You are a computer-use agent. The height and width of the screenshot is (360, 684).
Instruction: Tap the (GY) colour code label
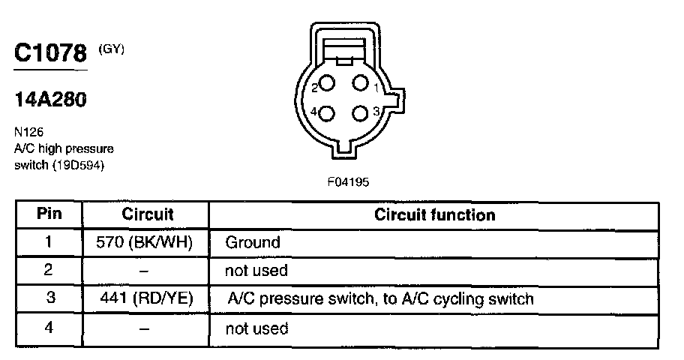(x=111, y=49)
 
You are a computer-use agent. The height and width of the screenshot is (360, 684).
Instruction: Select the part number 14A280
(x=49, y=100)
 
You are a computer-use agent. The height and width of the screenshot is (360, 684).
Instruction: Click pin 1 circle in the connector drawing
(x=360, y=83)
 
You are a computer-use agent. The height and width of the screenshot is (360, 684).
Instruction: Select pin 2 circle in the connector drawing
(x=327, y=84)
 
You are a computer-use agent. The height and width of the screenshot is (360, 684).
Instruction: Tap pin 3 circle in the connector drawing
(x=360, y=113)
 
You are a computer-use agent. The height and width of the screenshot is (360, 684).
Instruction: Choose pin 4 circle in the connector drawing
(x=327, y=113)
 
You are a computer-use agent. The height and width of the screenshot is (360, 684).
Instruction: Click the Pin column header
(x=49, y=214)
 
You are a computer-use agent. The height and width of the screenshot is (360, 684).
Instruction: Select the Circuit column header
(x=147, y=214)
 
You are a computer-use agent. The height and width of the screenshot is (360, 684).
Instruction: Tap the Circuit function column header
(x=435, y=214)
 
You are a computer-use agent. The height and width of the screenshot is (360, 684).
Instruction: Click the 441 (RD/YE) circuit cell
(x=145, y=298)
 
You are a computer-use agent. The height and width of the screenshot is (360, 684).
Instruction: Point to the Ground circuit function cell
(x=253, y=242)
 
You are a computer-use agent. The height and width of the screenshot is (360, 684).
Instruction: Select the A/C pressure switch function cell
(x=379, y=298)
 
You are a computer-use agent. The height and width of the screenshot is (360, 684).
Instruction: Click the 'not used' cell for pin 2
(x=256, y=270)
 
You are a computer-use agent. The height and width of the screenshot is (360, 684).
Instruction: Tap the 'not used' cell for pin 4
(x=256, y=328)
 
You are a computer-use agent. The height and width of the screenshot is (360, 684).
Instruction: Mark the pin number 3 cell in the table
(x=50, y=298)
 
